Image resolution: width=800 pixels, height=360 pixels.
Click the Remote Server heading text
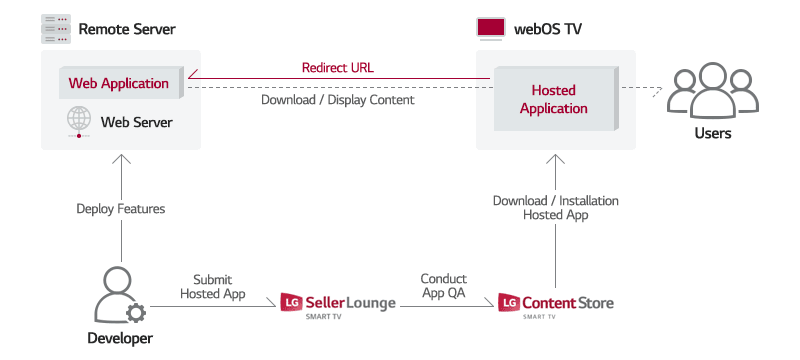point(127,29)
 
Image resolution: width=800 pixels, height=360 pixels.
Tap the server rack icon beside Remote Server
point(56,28)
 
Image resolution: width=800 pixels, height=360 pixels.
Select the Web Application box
point(118,83)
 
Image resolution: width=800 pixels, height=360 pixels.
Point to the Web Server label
point(137,122)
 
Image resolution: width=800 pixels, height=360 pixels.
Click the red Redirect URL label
point(337,68)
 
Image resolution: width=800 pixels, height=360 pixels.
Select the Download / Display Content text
point(337,100)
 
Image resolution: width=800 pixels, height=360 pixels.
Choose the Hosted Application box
point(553,99)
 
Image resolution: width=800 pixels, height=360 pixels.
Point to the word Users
point(713,133)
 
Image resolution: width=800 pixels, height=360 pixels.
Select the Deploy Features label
point(121,209)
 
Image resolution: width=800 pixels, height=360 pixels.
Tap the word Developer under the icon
point(120,339)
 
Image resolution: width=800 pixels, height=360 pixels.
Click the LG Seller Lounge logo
point(338,304)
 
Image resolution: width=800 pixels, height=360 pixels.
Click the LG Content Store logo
point(556,304)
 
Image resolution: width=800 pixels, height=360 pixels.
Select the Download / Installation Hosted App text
point(556,208)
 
